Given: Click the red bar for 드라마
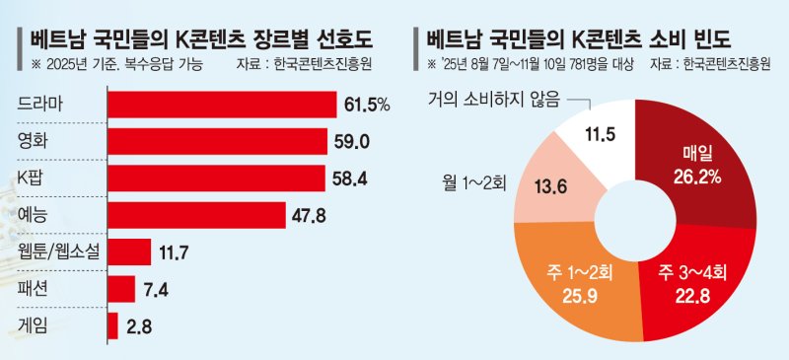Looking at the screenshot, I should (222, 105).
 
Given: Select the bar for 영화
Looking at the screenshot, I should (217, 141).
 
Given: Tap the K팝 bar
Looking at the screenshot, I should (216, 178).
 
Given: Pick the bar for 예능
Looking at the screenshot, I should (196, 214).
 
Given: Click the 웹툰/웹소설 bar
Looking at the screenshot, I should (128, 252).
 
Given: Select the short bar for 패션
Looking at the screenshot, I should (120, 288).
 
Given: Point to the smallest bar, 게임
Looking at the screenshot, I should (112, 324).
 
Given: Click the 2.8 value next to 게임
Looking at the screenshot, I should (139, 324).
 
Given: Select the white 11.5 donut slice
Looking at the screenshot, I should (605, 134).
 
